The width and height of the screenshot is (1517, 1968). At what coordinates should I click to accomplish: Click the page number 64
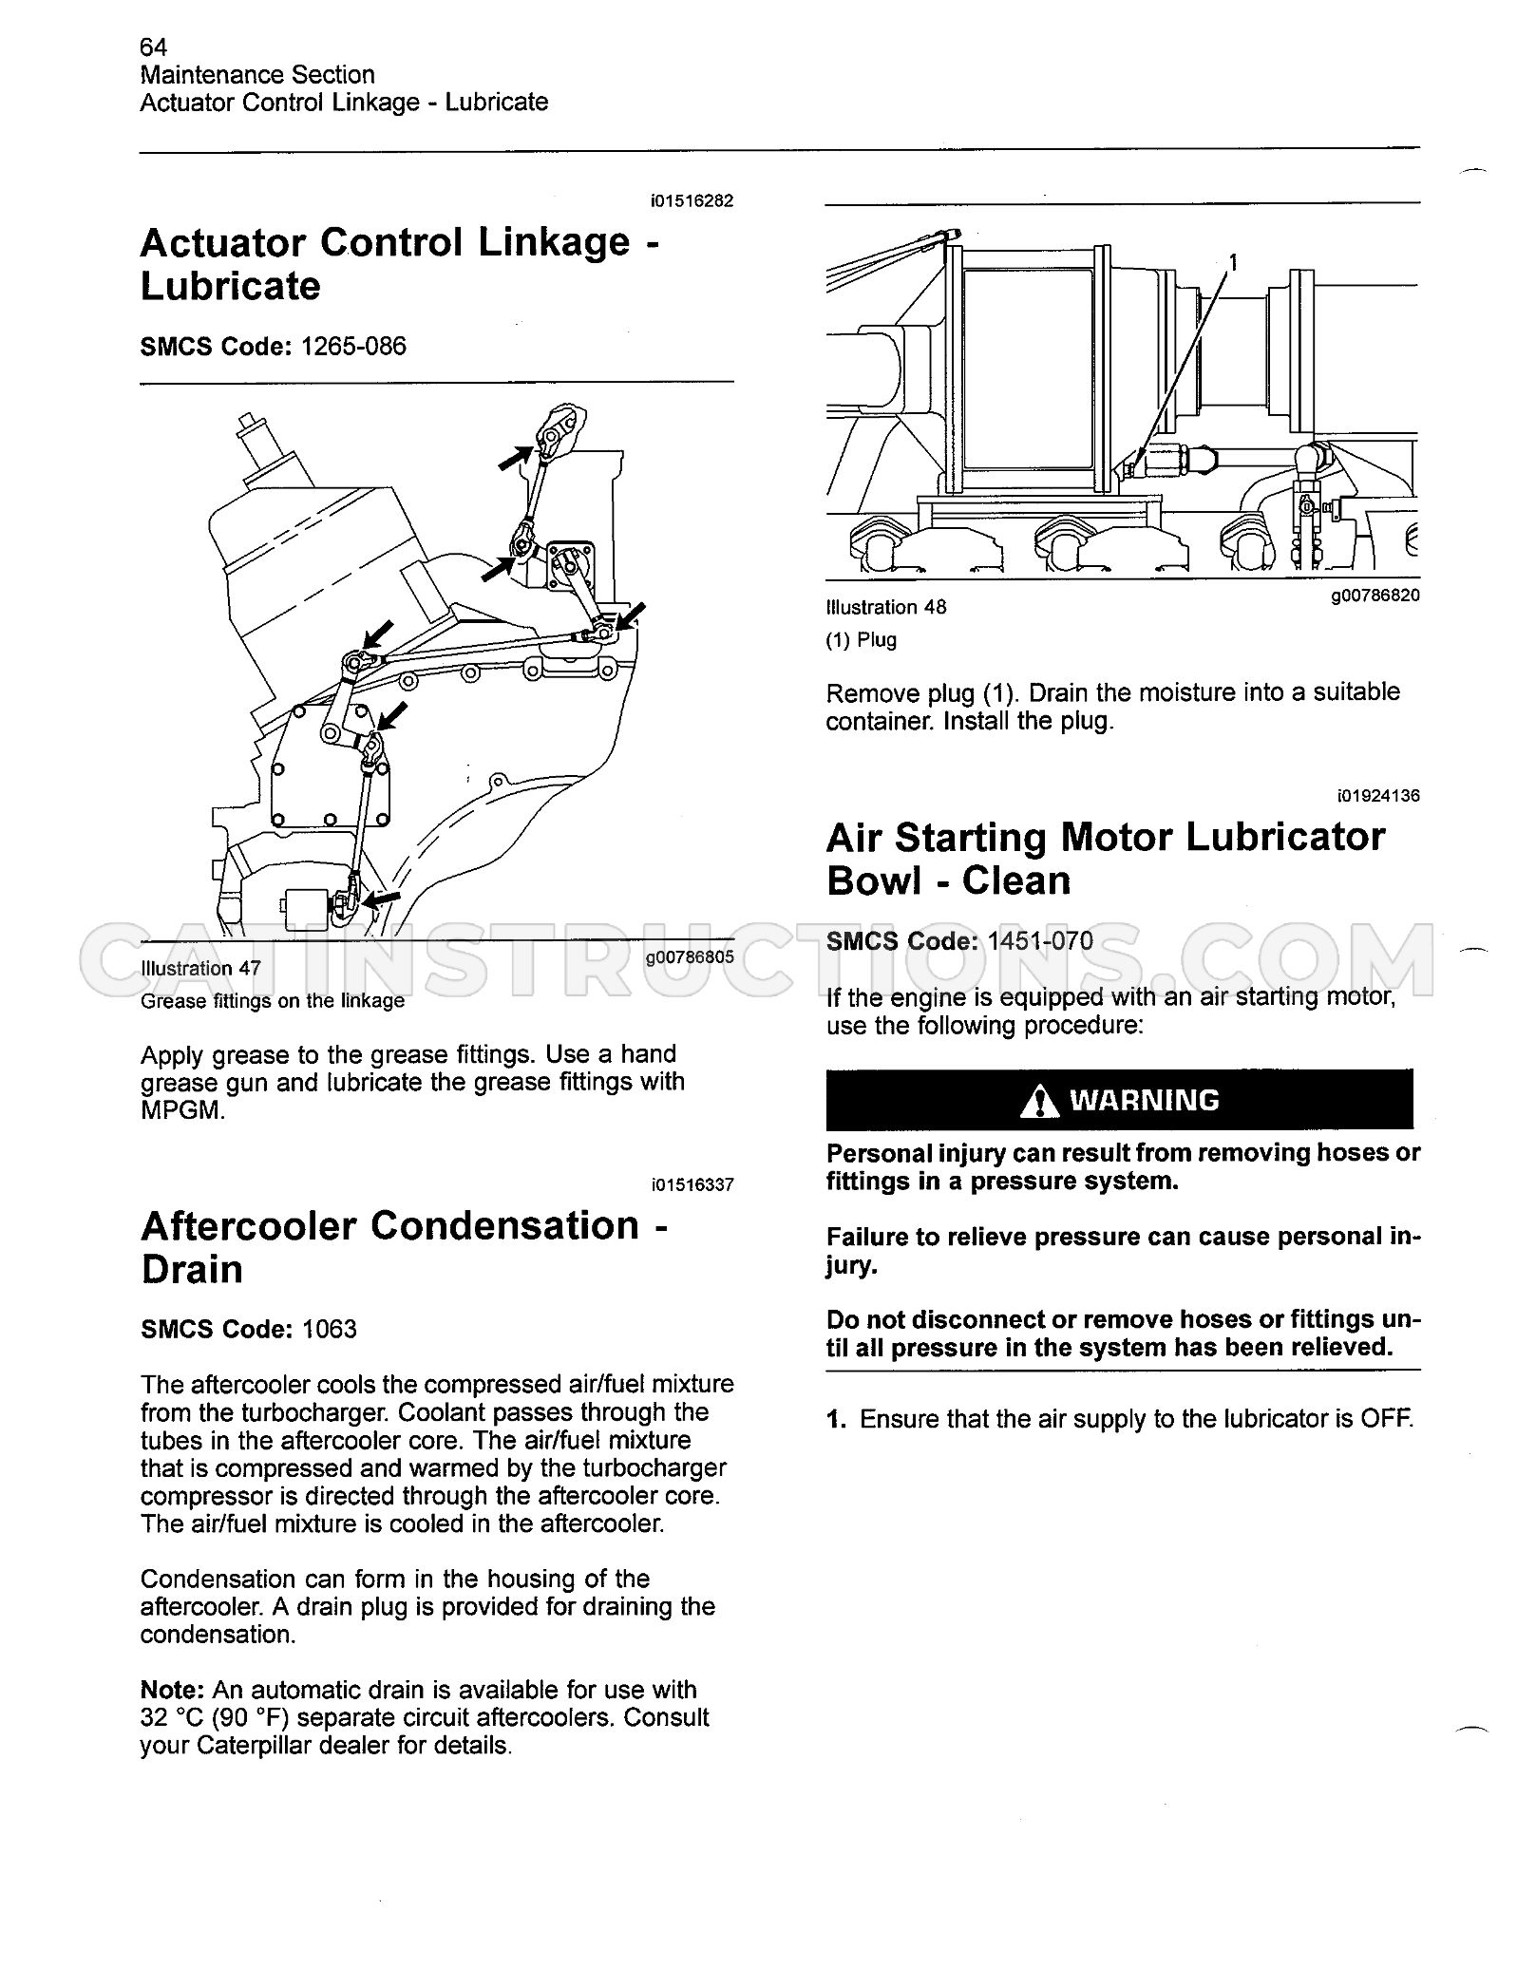coord(153,47)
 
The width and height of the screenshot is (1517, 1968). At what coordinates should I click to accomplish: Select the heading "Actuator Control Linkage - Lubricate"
coord(400,264)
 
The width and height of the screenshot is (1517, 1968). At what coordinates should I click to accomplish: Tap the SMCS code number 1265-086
coord(353,346)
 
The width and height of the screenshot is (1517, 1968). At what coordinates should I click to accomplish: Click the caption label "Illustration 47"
coord(200,968)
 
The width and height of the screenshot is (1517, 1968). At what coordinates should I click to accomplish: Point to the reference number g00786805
coord(690,957)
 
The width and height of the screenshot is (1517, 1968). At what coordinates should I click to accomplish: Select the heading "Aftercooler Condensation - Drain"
coord(404,1247)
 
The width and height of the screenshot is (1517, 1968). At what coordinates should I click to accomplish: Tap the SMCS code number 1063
coord(329,1329)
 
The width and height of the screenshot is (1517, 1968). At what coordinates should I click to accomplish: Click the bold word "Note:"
coord(173,1690)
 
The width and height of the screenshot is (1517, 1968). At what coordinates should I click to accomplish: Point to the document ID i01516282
coord(692,201)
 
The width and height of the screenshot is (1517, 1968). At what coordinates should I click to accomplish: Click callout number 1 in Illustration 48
coord(1233,261)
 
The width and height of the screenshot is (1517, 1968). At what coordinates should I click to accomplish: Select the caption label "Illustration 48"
coord(886,607)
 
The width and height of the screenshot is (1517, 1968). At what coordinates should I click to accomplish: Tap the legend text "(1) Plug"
coord(862,639)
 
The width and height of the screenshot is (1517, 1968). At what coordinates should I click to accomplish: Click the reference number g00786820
coord(1375,596)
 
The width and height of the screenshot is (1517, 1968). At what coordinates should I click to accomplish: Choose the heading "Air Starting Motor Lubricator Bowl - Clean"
coord(1106,859)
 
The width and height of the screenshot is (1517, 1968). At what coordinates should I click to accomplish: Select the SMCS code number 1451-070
coord(1040,940)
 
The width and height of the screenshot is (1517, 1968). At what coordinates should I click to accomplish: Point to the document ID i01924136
coord(1378,795)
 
